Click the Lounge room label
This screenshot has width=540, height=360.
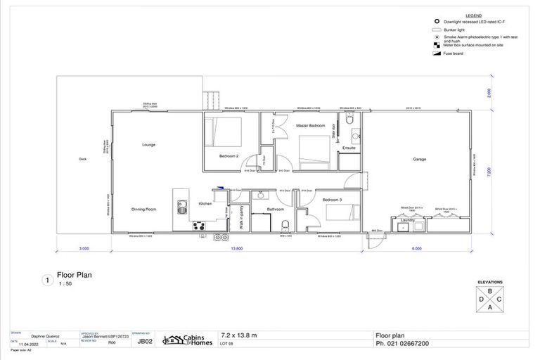pos(148,145)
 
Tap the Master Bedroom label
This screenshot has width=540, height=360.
pos(310,125)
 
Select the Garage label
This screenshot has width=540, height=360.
pos(419,160)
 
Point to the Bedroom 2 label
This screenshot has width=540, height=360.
pos(229,155)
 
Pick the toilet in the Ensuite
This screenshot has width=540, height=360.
pos(349,124)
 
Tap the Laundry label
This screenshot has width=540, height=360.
pos(407,219)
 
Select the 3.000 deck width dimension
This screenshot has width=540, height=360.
pos(84,249)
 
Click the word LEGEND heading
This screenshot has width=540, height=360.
pos(473,15)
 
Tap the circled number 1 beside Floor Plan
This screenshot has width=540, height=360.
pos(47,280)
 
